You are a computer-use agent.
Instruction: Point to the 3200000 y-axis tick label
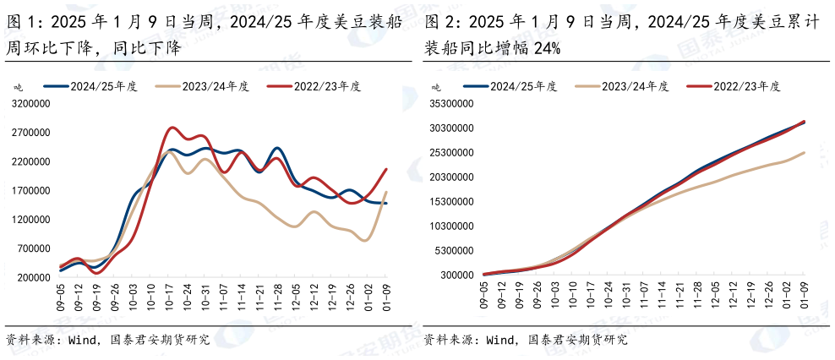[x=32, y=105]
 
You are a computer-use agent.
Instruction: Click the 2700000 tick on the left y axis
[x=32, y=134]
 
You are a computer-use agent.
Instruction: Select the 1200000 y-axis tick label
[x=32, y=220]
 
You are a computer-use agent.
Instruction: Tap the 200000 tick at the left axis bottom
[x=35, y=277]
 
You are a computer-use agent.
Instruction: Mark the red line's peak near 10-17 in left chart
[x=172, y=128]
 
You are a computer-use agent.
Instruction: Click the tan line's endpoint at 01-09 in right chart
[x=804, y=152]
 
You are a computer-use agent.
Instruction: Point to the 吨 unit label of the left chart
[x=18, y=87]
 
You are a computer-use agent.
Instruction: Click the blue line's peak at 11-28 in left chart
[x=278, y=148]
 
